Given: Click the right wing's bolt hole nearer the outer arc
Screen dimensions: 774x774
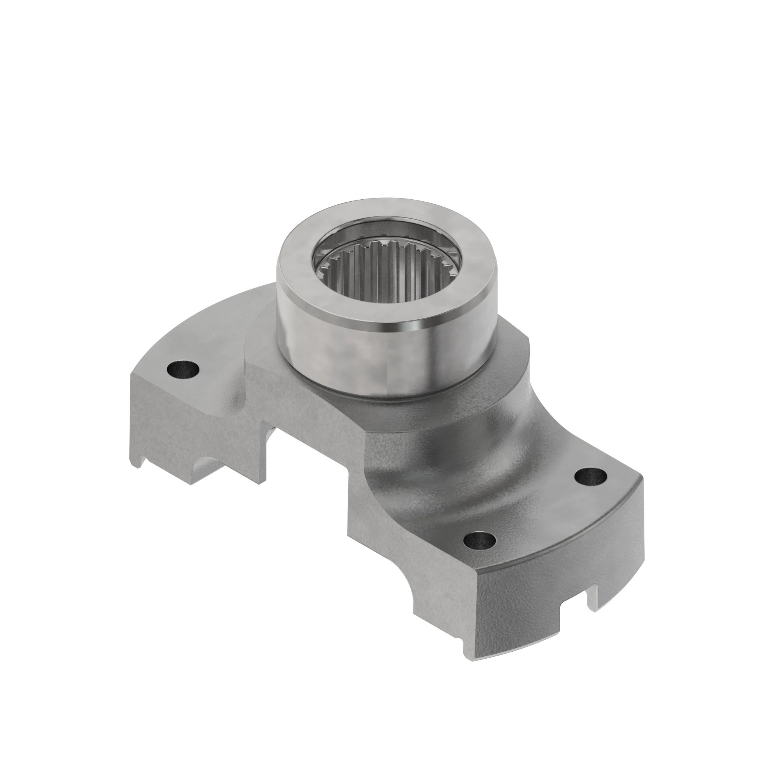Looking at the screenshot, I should pyautogui.click(x=590, y=476).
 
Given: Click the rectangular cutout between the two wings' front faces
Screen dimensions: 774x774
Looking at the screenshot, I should pyautogui.click(x=308, y=461).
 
